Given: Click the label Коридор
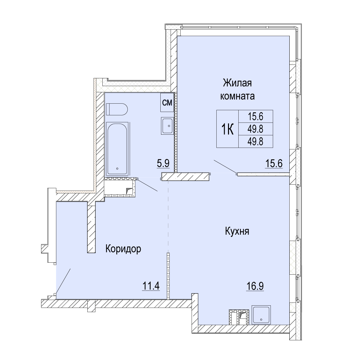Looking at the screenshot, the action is (x=123, y=249).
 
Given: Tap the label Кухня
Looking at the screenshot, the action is (x=237, y=231).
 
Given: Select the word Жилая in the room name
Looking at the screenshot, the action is (x=237, y=83).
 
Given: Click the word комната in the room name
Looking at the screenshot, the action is (x=237, y=96).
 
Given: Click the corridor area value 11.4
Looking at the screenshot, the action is (x=151, y=286).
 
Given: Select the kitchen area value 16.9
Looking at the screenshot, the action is (x=255, y=286).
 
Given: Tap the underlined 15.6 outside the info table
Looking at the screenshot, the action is (x=274, y=164).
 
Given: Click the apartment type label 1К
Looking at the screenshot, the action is (x=227, y=129).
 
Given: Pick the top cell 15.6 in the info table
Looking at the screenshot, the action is (x=255, y=117).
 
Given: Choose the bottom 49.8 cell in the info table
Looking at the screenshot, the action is (x=255, y=142).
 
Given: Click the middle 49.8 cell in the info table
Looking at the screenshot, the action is (x=255, y=129).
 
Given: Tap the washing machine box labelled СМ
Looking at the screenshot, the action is (x=167, y=102).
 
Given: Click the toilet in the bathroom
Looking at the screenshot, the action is (x=117, y=110).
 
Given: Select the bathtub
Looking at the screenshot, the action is (x=117, y=149).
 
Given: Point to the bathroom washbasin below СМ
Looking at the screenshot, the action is (x=167, y=126).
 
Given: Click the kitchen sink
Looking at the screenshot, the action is (x=261, y=315).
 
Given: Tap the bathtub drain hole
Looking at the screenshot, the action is (x=117, y=169).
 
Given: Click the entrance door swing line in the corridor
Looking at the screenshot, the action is (x=63, y=281).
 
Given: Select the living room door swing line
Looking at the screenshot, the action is (x=225, y=167).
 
